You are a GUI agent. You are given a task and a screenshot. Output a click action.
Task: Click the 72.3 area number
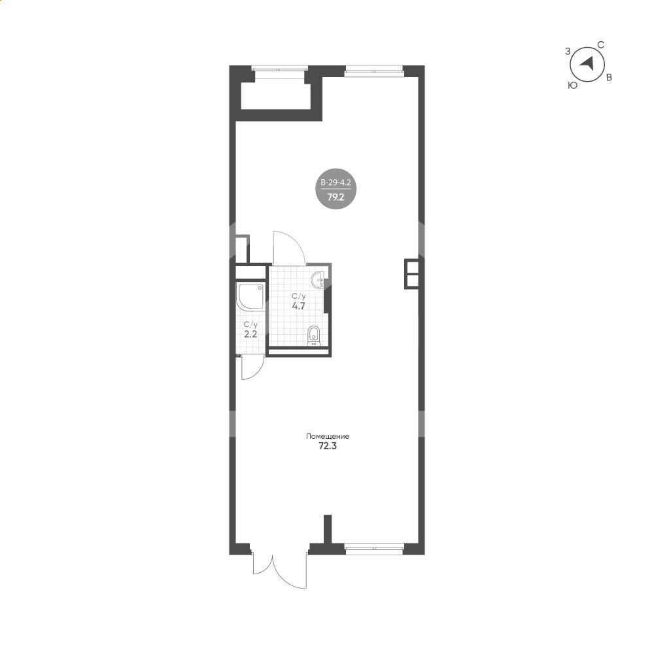[x=328, y=446]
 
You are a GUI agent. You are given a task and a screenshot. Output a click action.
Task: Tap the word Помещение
[x=328, y=437]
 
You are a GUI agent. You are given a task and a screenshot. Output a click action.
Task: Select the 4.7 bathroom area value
[x=299, y=305]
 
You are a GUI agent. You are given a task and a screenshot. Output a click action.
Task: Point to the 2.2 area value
[x=250, y=334]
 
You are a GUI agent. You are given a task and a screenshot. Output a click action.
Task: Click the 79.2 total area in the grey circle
[x=336, y=198]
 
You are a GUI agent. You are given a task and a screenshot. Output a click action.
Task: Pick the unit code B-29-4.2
[x=336, y=182]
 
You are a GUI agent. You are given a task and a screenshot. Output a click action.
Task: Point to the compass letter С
[x=601, y=45]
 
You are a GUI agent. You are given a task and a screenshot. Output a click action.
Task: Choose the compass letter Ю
[x=573, y=85]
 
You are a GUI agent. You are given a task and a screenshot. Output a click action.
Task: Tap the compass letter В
[x=609, y=78]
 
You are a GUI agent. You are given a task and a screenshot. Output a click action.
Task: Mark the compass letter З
[x=567, y=51]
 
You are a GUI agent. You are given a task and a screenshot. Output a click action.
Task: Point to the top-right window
[x=374, y=71]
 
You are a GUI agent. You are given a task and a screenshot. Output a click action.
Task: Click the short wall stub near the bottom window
[x=328, y=530]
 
